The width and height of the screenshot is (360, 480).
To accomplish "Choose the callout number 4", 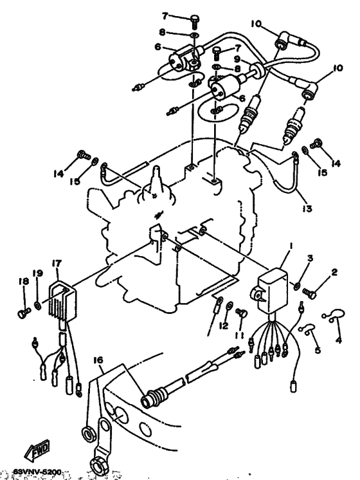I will click(339, 339).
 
